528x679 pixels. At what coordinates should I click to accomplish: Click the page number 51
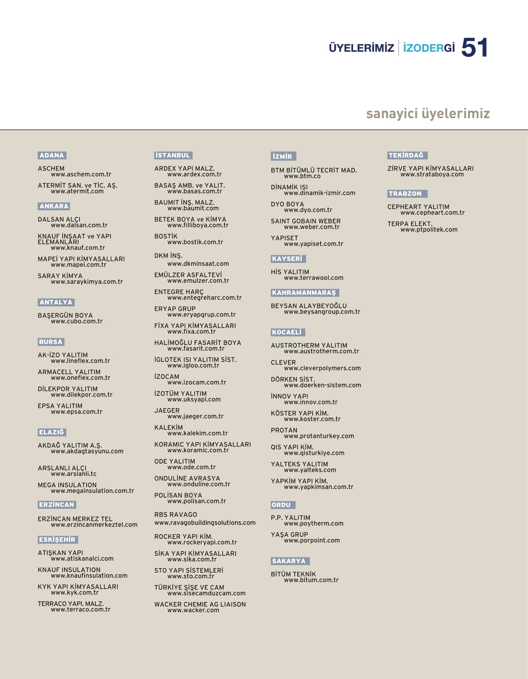pos(474,48)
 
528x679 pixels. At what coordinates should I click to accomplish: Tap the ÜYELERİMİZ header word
pos(361,48)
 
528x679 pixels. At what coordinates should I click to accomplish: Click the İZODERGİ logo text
pos(429,48)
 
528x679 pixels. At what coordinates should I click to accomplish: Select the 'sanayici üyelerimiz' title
pos(428,113)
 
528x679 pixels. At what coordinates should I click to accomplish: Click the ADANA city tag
pos(52,155)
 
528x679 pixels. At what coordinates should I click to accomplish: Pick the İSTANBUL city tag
pos(173,155)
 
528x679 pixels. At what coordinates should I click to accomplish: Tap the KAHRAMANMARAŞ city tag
pos(305,293)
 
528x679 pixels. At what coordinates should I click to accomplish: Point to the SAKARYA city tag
pos(290,561)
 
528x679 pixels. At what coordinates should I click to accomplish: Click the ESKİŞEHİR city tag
pos(57,539)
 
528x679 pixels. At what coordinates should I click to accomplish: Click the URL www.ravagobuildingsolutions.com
pos(205,523)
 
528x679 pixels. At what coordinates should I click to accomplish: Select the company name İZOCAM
pos(167,377)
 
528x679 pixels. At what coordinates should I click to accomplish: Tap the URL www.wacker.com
pos(193,610)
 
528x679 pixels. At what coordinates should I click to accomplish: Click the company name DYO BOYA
pos(287,204)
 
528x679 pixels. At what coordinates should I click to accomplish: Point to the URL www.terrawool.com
pos(313,278)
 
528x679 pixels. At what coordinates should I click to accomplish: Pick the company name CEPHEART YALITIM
pos(418,207)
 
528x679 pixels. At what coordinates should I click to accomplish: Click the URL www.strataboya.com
pos(432,174)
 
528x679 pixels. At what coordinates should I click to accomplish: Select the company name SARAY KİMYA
pos(60,276)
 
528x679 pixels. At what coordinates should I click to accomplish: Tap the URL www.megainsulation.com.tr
pos(92,491)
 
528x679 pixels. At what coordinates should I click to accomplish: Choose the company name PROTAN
pos(284,430)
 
